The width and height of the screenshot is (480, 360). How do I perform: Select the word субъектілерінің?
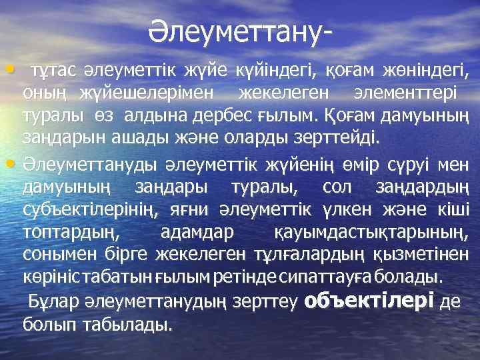tap(90, 210)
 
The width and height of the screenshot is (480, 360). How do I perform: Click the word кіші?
tap(453, 210)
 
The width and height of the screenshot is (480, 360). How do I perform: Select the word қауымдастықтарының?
tap(371, 233)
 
